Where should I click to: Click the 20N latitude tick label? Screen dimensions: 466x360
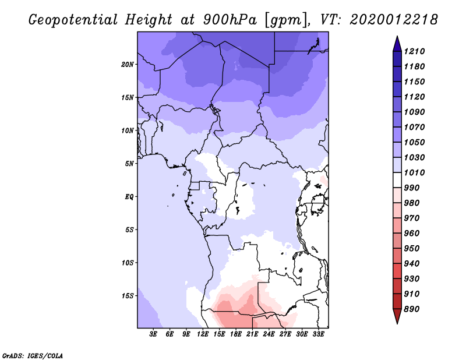coord(128,65)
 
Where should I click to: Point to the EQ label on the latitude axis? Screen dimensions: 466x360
coord(129,197)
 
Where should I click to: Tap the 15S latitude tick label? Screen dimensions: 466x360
coord(128,296)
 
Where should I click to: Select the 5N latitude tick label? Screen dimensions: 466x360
coord(129,164)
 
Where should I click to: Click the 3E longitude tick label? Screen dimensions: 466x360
coord(153,334)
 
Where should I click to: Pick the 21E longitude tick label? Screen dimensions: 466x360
coord(252,334)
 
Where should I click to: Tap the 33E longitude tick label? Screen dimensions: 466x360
coord(318,334)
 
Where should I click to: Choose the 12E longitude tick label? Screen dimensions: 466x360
coord(203,334)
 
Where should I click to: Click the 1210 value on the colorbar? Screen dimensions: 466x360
coord(414,51)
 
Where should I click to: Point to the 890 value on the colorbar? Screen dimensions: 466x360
coord(412,309)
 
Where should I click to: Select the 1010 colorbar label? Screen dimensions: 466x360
coord(414,172)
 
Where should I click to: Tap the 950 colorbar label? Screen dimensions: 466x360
coord(412,249)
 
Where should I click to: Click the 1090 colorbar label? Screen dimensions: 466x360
coord(414,112)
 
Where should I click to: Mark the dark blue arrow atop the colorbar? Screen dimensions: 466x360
coord(397,44)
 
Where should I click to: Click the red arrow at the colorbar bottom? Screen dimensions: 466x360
coord(397,316)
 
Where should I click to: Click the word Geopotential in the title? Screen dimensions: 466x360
coord(73,20)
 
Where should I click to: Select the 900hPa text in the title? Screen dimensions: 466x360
coord(230,20)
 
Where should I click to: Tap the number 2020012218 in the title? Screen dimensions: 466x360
coord(394,20)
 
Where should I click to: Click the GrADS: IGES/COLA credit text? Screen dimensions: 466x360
coord(33,356)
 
